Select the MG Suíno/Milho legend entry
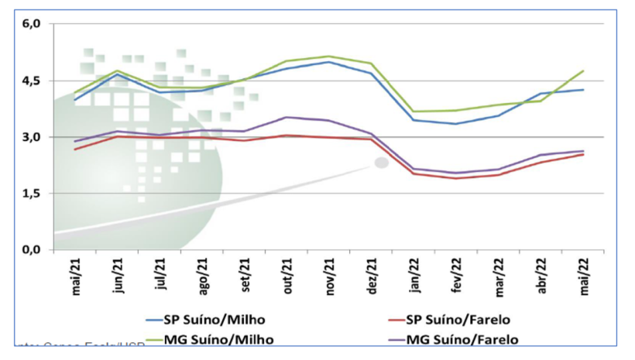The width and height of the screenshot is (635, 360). [x=210, y=338]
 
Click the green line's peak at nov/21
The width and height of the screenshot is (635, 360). [x=329, y=56]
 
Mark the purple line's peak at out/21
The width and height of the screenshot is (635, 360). [x=287, y=118]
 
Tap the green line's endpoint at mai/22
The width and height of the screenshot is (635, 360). [x=583, y=70]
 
